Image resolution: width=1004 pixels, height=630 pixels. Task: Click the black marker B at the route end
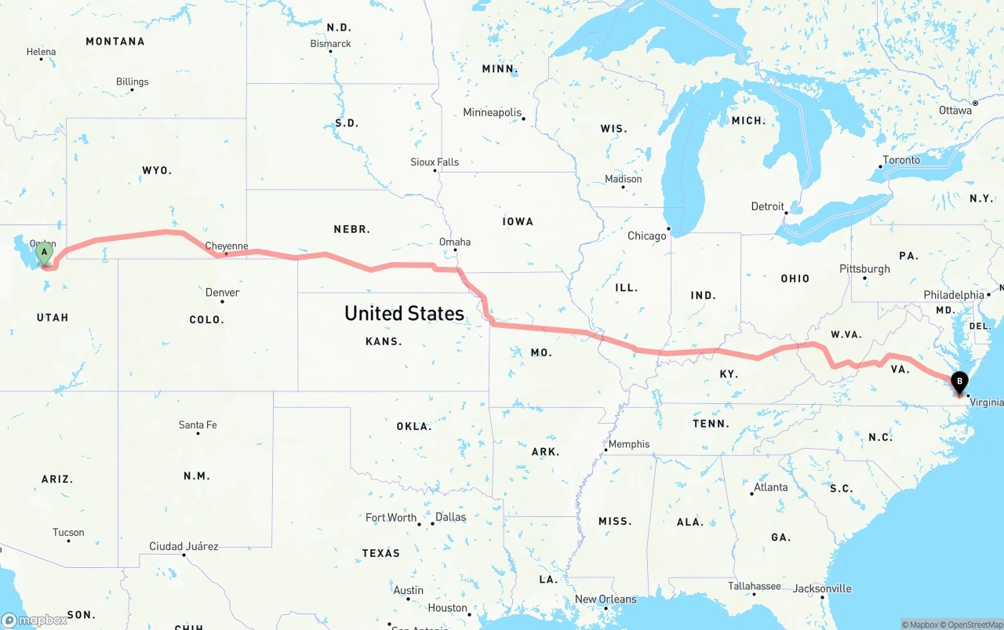pyautogui.click(x=959, y=383)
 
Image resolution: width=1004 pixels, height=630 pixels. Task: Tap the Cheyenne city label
pyautogui.click(x=227, y=246)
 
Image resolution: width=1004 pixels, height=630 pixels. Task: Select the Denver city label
pyautogui.click(x=222, y=292)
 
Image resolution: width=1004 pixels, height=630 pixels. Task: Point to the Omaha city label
pyautogui.click(x=455, y=242)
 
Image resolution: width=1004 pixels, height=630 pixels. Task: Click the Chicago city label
pyautogui.click(x=647, y=235)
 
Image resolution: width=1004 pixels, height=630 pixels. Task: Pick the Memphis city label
pyautogui.click(x=629, y=444)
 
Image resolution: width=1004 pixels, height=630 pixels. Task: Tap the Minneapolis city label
pyautogui.click(x=493, y=112)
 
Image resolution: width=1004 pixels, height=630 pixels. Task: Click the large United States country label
pyautogui.click(x=405, y=313)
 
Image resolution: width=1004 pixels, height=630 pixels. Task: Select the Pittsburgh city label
pyautogui.click(x=864, y=268)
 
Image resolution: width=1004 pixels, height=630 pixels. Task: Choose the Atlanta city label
pyautogui.click(x=770, y=487)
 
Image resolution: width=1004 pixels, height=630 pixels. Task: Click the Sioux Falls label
pyautogui.click(x=435, y=162)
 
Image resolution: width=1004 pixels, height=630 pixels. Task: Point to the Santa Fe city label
pyautogui.click(x=198, y=424)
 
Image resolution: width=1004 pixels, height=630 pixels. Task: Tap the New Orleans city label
pyautogui.click(x=606, y=599)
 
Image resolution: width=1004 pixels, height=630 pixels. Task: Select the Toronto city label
pyautogui.click(x=901, y=160)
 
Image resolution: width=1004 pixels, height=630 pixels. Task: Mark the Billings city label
pyautogui.click(x=132, y=82)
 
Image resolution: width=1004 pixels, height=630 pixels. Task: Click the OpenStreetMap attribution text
pyautogui.click(x=974, y=625)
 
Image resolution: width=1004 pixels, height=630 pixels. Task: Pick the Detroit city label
pyautogui.click(x=768, y=206)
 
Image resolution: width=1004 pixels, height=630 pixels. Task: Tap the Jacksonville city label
pyautogui.click(x=822, y=588)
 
